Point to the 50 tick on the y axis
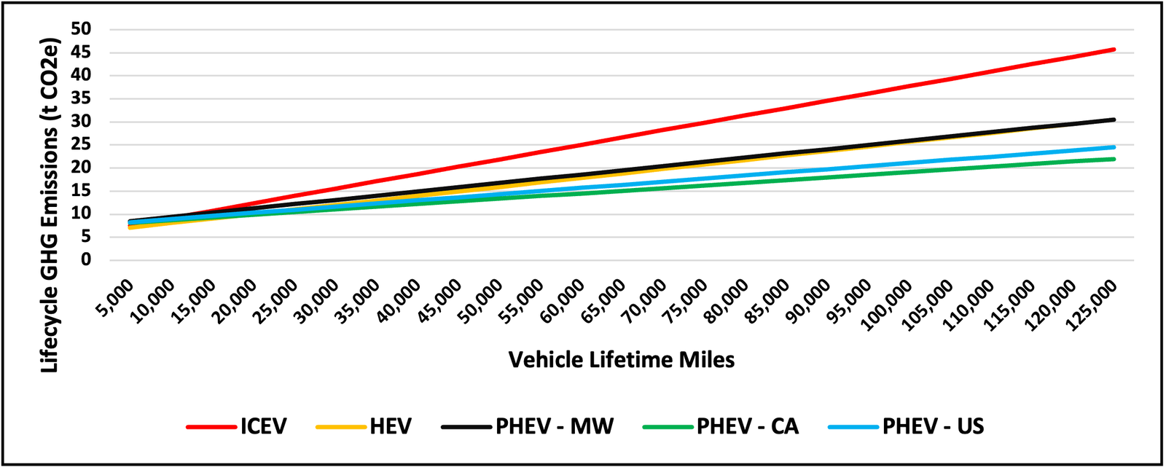click(x=81, y=29)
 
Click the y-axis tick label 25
click(x=81, y=144)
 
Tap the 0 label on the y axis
click(x=86, y=260)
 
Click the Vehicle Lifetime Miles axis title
click(x=621, y=360)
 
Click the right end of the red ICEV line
click(x=1114, y=50)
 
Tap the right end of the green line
click(x=1114, y=159)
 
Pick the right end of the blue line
click(x=1114, y=147)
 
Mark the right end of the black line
click(x=1114, y=120)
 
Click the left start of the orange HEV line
click(x=130, y=227)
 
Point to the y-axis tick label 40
click(x=81, y=75)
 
